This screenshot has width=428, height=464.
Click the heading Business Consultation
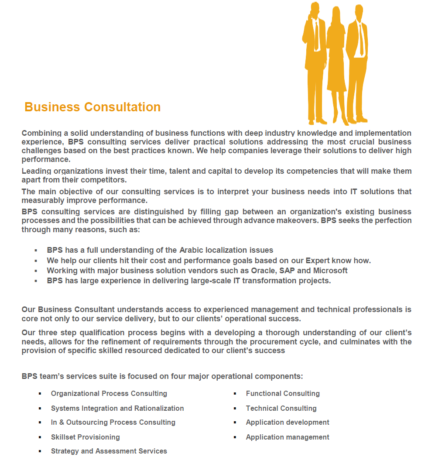pos(92,107)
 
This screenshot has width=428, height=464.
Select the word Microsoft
pos(330,271)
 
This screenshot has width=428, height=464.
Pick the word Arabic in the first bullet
pos(191,250)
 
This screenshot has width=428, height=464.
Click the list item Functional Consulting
pos(283,394)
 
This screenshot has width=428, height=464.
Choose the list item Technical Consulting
pos(281,409)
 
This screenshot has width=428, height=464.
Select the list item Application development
pos(288,423)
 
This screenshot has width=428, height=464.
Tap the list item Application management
pos(288,437)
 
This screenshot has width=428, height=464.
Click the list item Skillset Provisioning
pos(85,437)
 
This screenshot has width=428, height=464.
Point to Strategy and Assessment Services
pos(109,451)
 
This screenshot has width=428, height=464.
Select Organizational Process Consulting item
pos(109,394)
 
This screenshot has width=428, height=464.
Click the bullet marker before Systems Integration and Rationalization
pos(40,409)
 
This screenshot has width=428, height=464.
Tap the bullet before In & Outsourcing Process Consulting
pos(40,423)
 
